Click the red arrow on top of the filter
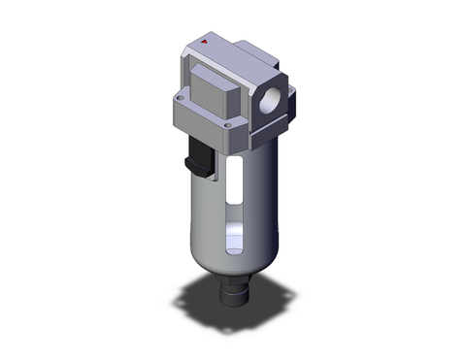207,44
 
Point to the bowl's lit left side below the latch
199,213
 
